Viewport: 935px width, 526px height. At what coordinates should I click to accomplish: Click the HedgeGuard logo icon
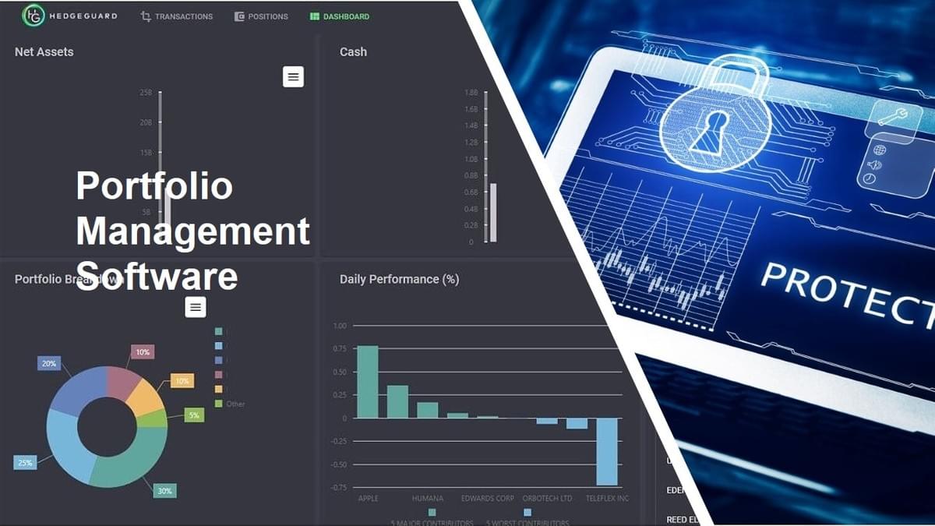click(34, 15)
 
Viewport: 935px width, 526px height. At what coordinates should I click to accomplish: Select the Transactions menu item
click(177, 16)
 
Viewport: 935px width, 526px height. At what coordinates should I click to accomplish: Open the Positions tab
click(262, 16)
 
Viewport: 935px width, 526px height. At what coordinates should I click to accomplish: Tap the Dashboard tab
click(340, 16)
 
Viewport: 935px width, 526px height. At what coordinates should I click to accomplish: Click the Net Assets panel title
click(44, 52)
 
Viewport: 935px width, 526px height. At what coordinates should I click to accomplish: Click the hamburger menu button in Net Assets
click(293, 76)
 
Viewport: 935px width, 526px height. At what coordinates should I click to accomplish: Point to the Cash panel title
click(353, 52)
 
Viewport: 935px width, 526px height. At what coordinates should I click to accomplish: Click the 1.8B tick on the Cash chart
click(471, 93)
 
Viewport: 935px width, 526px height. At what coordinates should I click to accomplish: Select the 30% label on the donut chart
click(164, 491)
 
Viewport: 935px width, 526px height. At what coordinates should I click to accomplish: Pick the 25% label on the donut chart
click(25, 463)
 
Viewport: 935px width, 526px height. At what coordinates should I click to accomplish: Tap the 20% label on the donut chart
click(49, 364)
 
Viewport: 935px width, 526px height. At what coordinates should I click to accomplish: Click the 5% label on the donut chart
click(194, 415)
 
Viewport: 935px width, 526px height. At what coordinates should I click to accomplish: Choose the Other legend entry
click(235, 404)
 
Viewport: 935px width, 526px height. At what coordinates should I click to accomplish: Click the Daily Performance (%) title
click(399, 279)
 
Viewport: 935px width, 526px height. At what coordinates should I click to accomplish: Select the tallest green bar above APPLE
click(367, 382)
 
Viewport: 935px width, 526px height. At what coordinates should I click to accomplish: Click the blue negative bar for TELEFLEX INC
click(607, 451)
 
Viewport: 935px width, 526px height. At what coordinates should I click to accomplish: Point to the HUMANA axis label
click(428, 499)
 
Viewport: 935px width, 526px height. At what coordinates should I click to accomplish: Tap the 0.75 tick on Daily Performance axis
click(339, 349)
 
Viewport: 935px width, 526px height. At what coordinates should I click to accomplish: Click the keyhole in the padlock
click(714, 129)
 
